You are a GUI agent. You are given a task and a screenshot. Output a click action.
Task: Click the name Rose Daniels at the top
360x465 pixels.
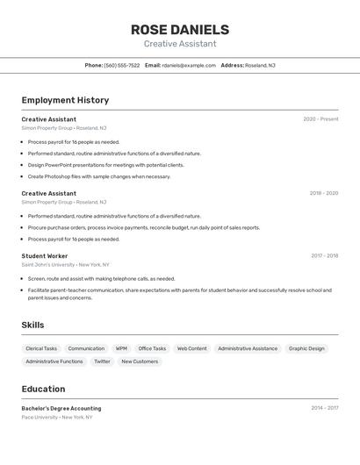pyautogui.click(x=180, y=29)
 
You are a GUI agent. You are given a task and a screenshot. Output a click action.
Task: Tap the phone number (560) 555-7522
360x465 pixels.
pyautogui.click(x=122, y=65)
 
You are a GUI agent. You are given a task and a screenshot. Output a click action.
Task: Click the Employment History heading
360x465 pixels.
pyautogui.click(x=65, y=100)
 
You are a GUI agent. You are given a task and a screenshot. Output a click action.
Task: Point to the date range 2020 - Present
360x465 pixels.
pyautogui.click(x=320, y=118)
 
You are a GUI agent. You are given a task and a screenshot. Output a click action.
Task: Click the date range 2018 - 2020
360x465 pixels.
pyautogui.click(x=323, y=193)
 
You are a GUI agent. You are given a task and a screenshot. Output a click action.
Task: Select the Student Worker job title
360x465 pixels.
pyautogui.click(x=45, y=256)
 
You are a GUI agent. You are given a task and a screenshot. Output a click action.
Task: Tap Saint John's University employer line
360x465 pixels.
pyautogui.click(x=65, y=264)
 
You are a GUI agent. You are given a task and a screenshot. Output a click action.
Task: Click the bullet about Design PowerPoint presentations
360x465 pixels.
pyautogui.click(x=105, y=165)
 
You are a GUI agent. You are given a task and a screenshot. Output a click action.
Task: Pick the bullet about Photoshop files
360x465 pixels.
pyautogui.click(x=99, y=176)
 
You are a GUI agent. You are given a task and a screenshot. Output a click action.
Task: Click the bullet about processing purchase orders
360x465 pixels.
pyautogui.click(x=144, y=227)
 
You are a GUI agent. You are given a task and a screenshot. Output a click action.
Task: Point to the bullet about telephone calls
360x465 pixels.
pyautogui.click(x=101, y=278)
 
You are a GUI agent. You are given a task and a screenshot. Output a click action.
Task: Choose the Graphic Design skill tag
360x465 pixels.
pyautogui.click(x=306, y=348)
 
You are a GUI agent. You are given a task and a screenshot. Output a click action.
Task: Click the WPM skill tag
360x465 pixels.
pyautogui.click(x=121, y=348)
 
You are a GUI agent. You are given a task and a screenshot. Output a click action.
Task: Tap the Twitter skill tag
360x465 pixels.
pyautogui.click(x=103, y=361)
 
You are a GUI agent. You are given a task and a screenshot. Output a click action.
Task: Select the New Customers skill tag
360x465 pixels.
pyautogui.click(x=140, y=361)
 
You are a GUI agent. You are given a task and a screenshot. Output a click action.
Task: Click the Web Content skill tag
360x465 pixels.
pyautogui.click(x=192, y=348)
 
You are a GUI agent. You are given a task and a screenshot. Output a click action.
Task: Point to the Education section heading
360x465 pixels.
pyautogui.click(x=43, y=389)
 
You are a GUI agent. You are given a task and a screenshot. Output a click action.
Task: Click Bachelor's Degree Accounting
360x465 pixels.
pyautogui.click(x=61, y=408)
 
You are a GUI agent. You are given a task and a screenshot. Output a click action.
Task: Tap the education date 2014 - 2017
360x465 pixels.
pyautogui.click(x=324, y=408)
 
